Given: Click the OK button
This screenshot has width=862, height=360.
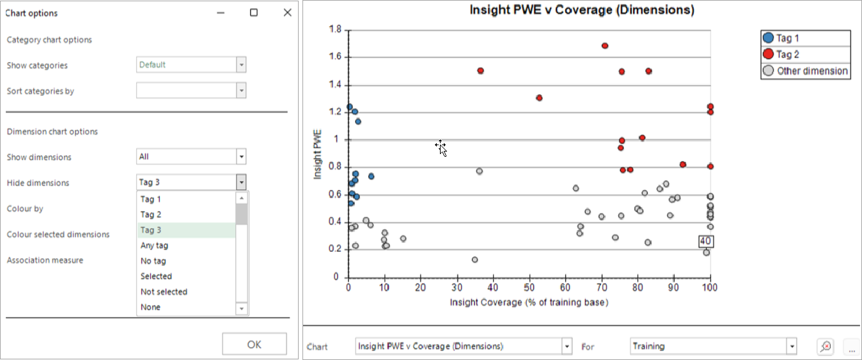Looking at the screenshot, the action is pyautogui.click(x=255, y=344).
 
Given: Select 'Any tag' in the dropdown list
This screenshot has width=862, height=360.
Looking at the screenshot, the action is pyautogui.click(x=154, y=246).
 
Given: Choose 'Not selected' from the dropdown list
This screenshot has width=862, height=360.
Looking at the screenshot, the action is pyautogui.click(x=164, y=292).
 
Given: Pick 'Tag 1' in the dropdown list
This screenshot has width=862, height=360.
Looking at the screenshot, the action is pyautogui.click(x=150, y=200).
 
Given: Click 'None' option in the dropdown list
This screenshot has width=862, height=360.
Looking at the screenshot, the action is pyautogui.click(x=150, y=307).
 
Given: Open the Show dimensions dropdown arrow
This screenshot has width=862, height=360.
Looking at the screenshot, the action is pyautogui.click(x=241, y=157).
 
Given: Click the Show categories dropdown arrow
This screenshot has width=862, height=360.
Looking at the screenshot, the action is pyautogui.click(x=241, y=65).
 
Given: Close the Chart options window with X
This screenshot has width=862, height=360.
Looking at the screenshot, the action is pyautogui.click(x=288, y=13).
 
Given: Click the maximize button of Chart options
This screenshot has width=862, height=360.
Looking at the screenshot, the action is pyautogui.click(x=254, y=13).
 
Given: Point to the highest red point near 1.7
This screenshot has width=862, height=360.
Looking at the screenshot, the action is pyautogui.click(x=604, y=46).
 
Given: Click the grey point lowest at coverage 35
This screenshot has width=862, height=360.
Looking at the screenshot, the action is pyautogui.click(x=475, y=260).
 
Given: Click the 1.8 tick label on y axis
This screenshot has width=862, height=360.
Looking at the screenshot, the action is pyautogui.click(x=335, y=29).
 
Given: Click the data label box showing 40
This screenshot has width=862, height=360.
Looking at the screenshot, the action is pyautogui.click(x=706, y=241).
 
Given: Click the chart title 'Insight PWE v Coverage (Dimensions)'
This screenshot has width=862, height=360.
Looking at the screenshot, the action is pyautogui.click(x=582, y=10).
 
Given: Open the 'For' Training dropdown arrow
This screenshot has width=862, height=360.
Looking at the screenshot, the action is pyautogui.click(x=792, y=346).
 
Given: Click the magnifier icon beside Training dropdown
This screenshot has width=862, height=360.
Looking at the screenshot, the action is pyautogui.click(x=826, y=346).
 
